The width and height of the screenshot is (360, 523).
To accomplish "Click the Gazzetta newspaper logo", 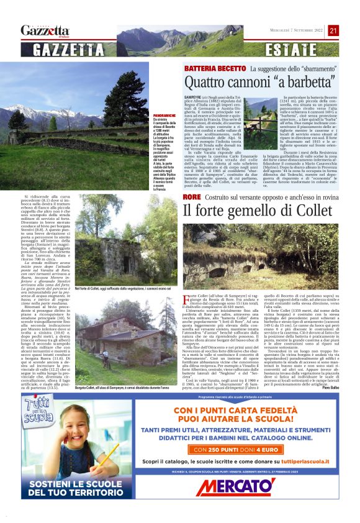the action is [45, 30].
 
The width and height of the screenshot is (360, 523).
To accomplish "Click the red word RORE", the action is [192, 197].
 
